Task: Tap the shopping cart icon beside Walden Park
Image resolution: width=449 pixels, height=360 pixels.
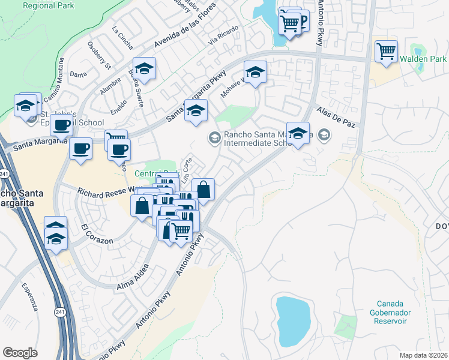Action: coord(386,51)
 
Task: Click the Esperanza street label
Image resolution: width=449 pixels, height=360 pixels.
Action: coord(29,297)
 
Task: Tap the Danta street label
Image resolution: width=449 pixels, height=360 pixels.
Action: coord(78,74)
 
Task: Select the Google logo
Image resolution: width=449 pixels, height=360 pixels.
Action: coord(20,352)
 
